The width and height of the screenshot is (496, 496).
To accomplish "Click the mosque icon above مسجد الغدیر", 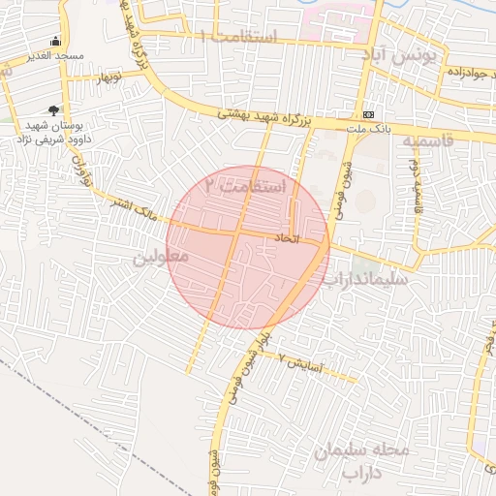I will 56,41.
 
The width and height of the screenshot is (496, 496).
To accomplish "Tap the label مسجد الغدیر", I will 56,56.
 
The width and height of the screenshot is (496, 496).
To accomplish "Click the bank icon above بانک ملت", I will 367,112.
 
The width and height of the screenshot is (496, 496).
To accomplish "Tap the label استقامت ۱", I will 238,36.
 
